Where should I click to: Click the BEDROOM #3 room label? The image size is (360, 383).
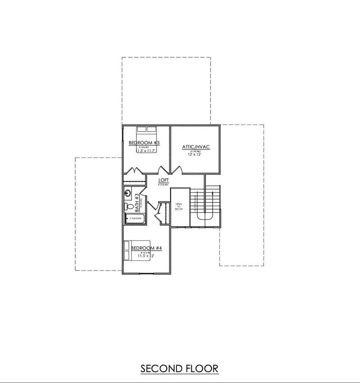click(144, 143)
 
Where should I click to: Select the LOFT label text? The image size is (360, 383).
click(163, 180)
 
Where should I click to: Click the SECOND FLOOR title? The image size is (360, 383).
click(179, 368)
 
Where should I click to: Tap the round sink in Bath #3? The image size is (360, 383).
click(127, 193)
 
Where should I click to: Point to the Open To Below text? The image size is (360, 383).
click(179, 207)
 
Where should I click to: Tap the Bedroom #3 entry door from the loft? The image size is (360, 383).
click(163, 170)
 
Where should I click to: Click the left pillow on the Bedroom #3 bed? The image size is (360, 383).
click(141, 129)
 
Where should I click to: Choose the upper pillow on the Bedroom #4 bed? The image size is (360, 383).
click(126, 246)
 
